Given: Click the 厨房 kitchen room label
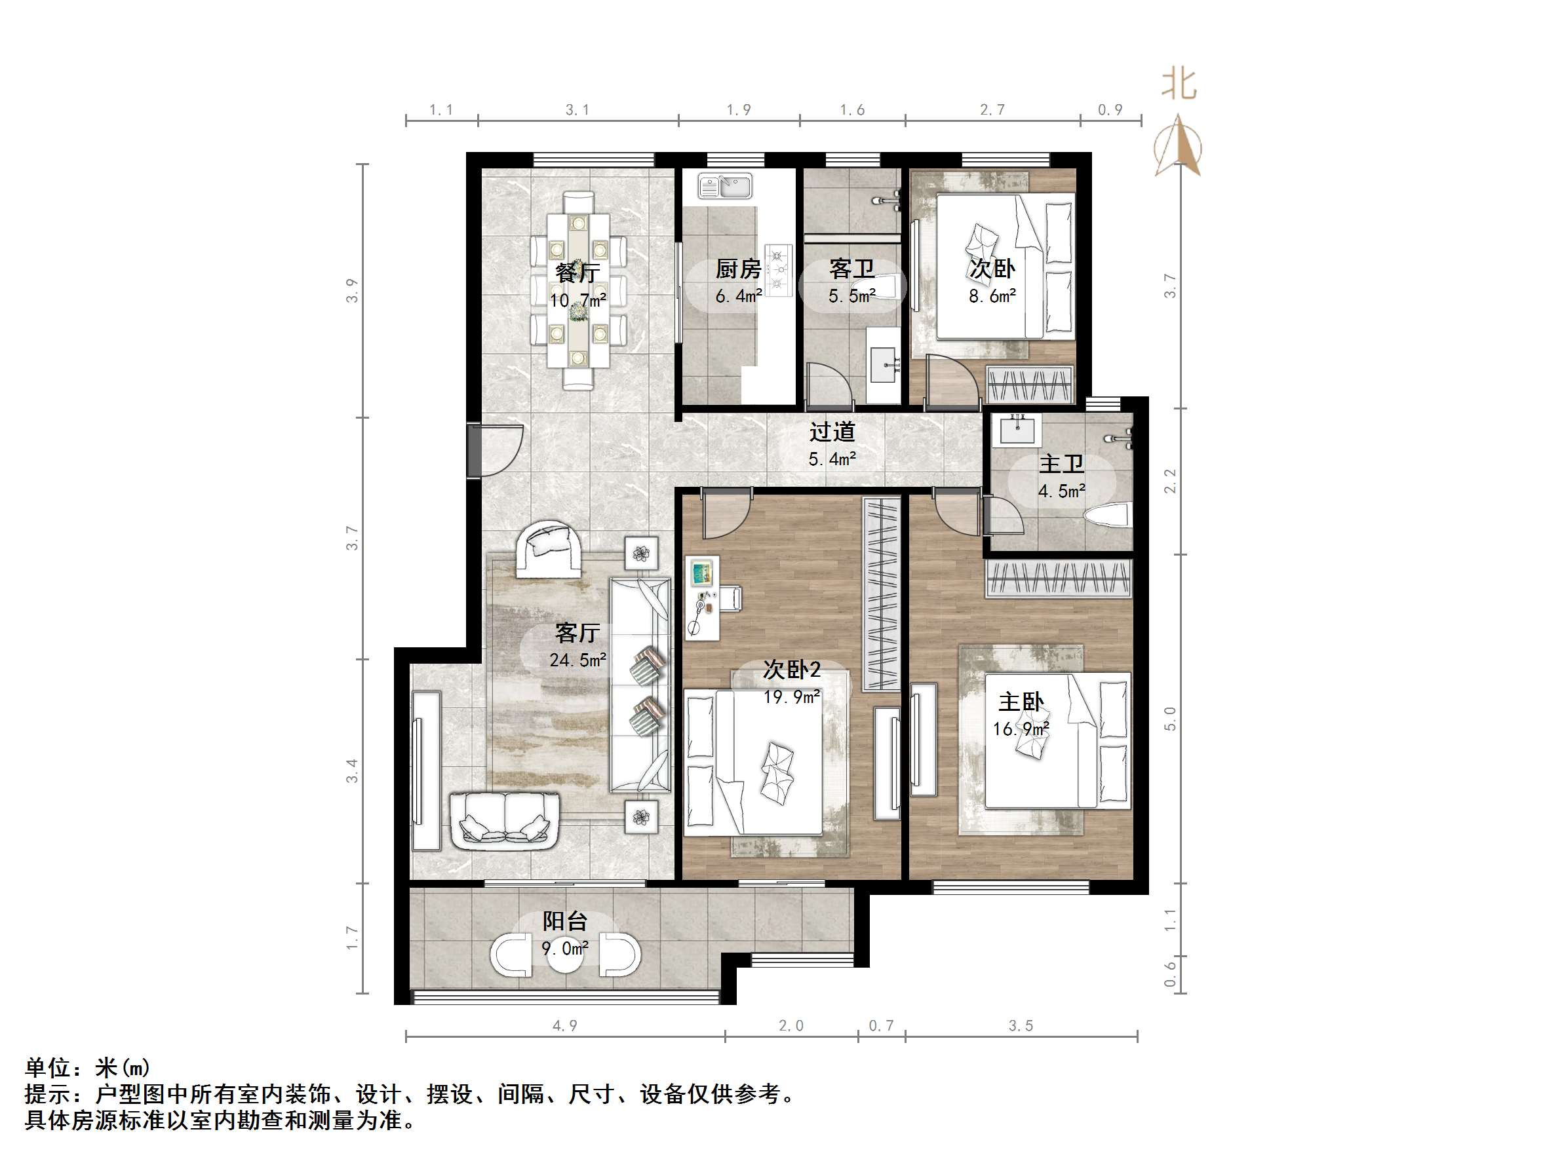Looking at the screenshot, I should point(738,269).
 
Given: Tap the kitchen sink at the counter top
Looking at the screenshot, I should point(726,187).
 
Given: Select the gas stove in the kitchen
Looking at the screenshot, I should point(779,270).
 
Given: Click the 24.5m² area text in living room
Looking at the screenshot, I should point(577,660).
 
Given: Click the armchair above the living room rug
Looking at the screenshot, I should point(549,549).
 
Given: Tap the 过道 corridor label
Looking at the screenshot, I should point(832,432).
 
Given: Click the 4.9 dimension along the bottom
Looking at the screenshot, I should point(564,1026).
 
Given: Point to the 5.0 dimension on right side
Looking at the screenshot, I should point(1171,718).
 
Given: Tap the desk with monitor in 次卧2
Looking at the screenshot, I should point(702,597).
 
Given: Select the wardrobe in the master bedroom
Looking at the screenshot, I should point(1058,579).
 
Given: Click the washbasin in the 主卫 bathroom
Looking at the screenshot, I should point(1020,428).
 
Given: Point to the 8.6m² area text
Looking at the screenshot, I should point(992,295).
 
